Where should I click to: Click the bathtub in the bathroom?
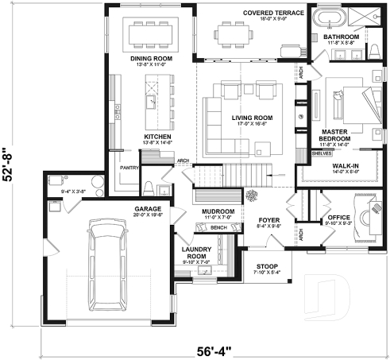pos(326,18)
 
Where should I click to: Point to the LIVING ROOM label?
pos(252,118)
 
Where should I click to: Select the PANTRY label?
pos(129,168)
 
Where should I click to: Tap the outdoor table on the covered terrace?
pos(232,34)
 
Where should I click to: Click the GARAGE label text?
pos(147,209)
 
